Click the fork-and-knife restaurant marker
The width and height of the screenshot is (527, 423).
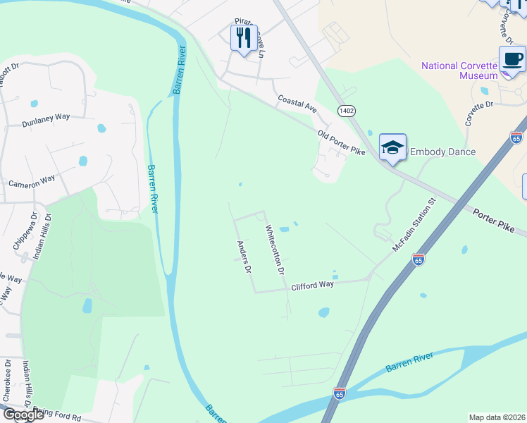coord(244,38)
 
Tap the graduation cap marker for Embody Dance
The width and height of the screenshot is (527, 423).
coord(392,147)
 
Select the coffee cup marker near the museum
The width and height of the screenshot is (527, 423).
coord(512,59)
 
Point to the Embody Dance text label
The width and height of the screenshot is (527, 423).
coord(442,152)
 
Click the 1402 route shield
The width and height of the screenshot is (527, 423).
coord(346,111)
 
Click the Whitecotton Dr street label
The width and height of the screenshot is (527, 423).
coord(274,250)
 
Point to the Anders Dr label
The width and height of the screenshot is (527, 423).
coord(244,257)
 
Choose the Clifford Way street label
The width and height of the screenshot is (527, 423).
coord(312,285)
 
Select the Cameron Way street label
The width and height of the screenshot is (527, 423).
coord(32,181)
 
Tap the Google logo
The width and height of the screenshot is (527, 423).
coord(23,414)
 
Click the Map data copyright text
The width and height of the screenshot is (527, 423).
coord(497,417)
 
